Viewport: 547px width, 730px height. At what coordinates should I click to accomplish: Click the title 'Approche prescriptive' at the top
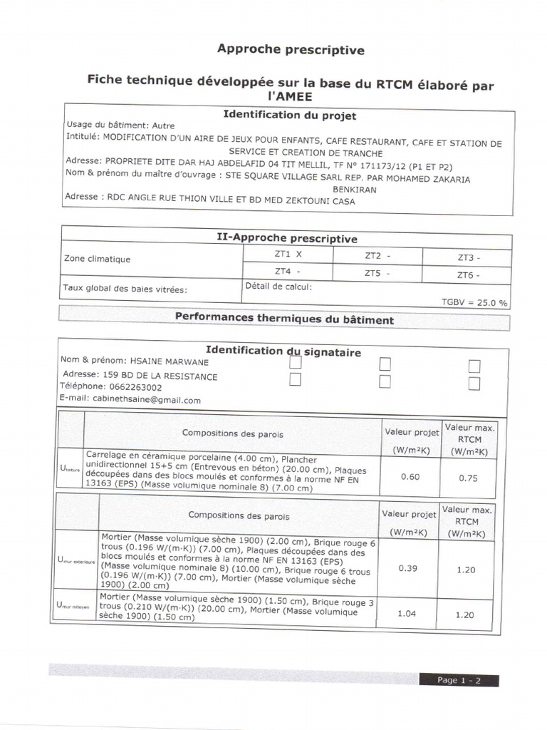click(290, 50)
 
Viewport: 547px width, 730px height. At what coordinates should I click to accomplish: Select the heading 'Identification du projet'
click(289, 115)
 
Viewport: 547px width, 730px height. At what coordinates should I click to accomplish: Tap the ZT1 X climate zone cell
click(288, 254)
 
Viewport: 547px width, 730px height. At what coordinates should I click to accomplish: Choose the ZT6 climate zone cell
click(468, 274)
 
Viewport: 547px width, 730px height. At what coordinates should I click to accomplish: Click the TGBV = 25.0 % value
click(474, 302)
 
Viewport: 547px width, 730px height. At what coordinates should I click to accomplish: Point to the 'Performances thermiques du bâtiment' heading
click(284, 319)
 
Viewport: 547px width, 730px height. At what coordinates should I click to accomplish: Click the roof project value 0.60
click(410, 477)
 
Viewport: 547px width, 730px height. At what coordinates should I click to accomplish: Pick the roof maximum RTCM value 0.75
click(468, 478)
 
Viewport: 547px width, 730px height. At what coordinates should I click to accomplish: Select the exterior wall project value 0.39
click(407, 568)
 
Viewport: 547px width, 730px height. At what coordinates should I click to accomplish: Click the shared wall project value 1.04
click(406, 613)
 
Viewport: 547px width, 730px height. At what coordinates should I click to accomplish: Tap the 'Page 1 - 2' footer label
click(459, 680)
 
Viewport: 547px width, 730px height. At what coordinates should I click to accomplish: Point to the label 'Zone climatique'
click(98, 259)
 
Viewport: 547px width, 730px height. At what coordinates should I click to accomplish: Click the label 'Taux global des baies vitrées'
click(125, 289)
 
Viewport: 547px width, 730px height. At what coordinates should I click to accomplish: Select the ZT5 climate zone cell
click(377, 272)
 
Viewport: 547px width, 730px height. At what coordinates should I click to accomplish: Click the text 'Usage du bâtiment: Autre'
click(120, 125)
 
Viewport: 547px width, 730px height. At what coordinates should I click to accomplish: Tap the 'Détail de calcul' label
click(278, 287)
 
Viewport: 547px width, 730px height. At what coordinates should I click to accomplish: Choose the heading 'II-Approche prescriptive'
click(286, 239)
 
